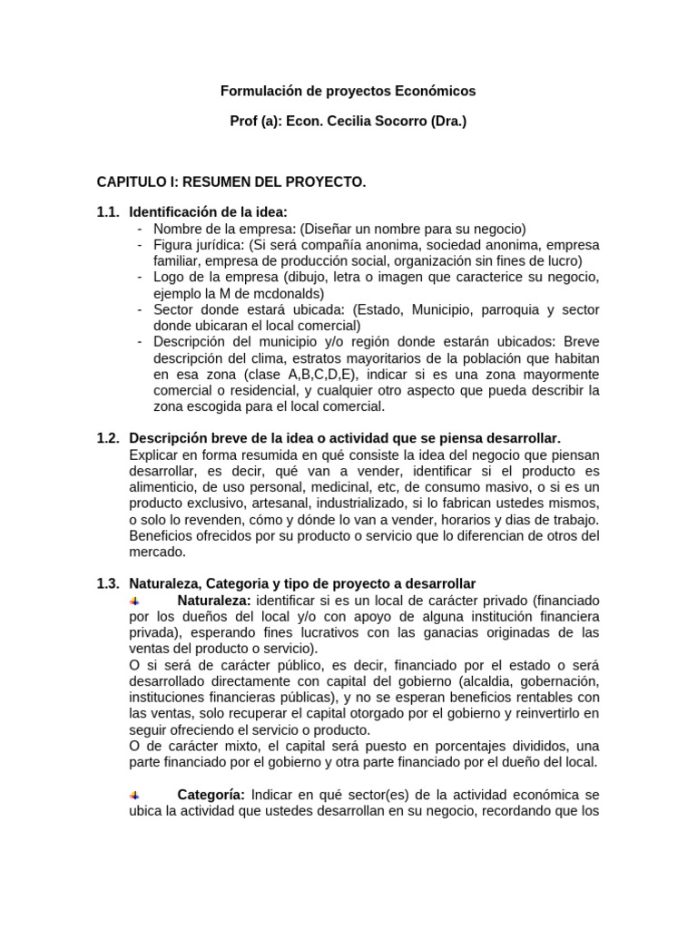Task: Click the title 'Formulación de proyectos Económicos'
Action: [348, 92]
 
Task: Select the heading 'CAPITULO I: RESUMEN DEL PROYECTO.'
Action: [231, 182]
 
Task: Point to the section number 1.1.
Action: [108, 211]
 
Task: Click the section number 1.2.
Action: [108, 438]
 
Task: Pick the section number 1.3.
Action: [108, 583]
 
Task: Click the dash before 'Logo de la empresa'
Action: [140, 277]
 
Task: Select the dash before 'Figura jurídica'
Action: [140, 245]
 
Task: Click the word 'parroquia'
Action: [492, 309]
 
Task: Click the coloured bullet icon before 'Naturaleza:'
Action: [134, 601]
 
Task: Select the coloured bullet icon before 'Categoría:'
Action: [134, 794]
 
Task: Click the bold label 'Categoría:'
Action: [211, 794]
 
